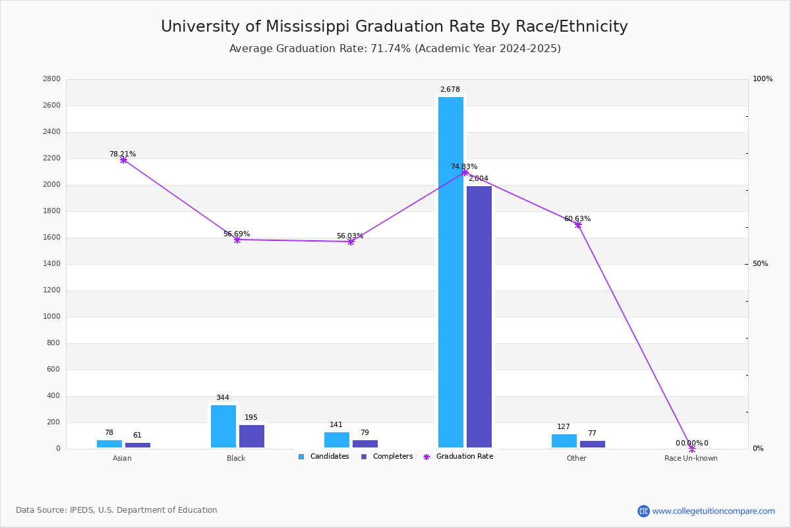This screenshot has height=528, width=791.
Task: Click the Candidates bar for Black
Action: pos(223,426)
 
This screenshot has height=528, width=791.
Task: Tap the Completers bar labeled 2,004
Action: pos(479,317)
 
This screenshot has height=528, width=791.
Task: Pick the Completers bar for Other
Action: pos(592,444)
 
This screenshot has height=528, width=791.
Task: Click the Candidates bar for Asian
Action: pos(109,444)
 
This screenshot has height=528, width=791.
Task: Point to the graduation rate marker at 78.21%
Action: pos(123,160)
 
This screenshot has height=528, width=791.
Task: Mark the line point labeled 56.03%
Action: pos(351,242)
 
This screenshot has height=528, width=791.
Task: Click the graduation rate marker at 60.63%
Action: pos(578,224)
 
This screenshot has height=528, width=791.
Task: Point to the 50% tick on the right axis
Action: pos(760,264)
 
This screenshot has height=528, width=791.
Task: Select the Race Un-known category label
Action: pos(691,458)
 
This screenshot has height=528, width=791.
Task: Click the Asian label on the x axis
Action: pos(122,458)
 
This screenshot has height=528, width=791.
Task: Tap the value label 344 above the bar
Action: pos(223,398)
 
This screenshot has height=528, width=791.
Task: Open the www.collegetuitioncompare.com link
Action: pos(713,511)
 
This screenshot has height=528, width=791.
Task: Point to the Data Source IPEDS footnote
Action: pos(117,510)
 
